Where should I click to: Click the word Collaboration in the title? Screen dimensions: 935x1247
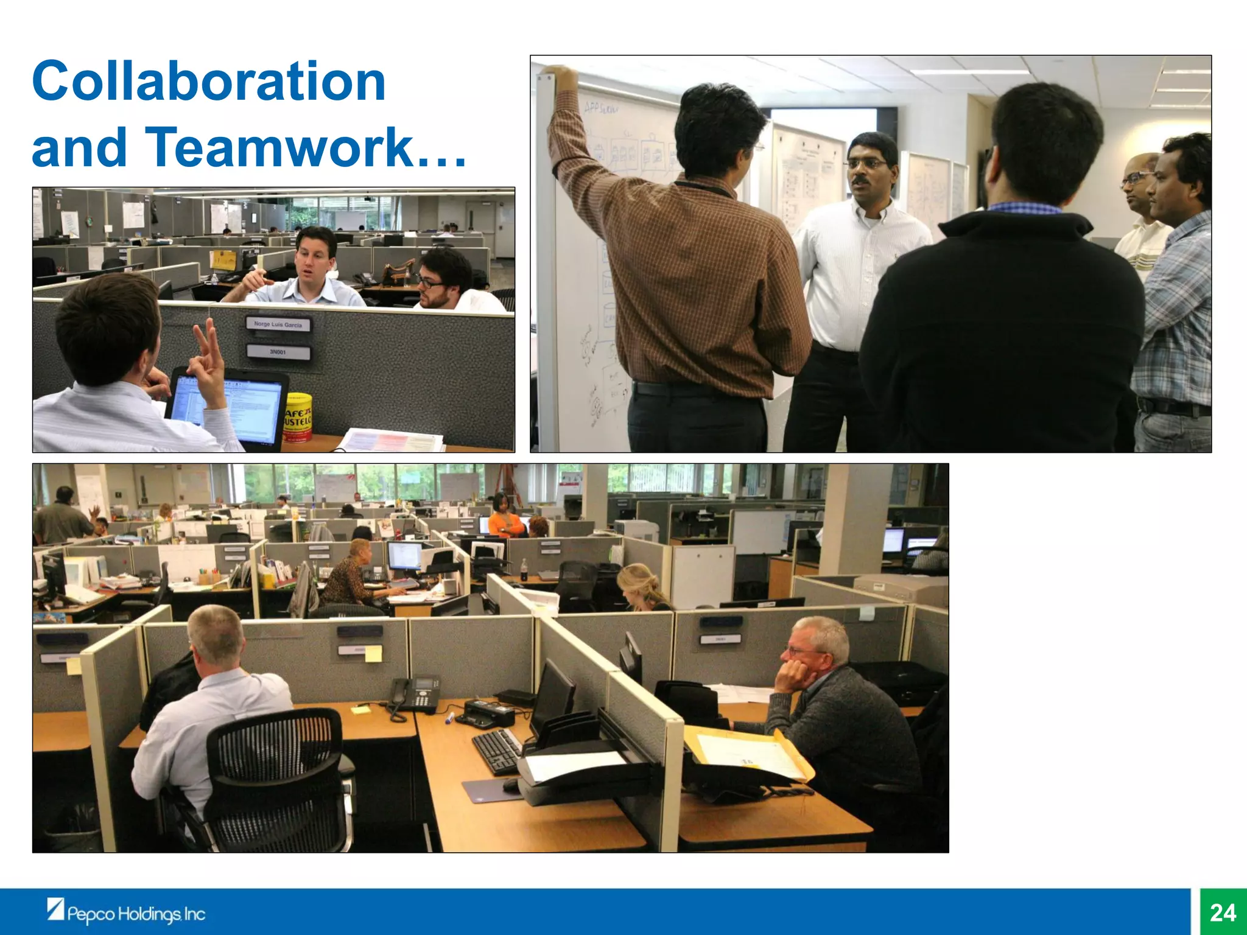pos(209,82)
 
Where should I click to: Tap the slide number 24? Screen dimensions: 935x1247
pos(1223,912)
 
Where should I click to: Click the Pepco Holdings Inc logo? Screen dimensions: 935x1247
pos(127,912)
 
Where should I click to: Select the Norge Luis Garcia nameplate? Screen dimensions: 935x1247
pos(278,324)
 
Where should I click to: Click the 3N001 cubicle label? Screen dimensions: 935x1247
pos(278,352)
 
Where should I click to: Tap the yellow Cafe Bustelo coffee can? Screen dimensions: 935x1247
pos(298,417)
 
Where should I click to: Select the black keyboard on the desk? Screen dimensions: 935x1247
pos(496,750)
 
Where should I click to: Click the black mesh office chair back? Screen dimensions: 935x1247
pos(277,773)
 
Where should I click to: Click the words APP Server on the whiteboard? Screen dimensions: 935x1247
pos(601,108)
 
